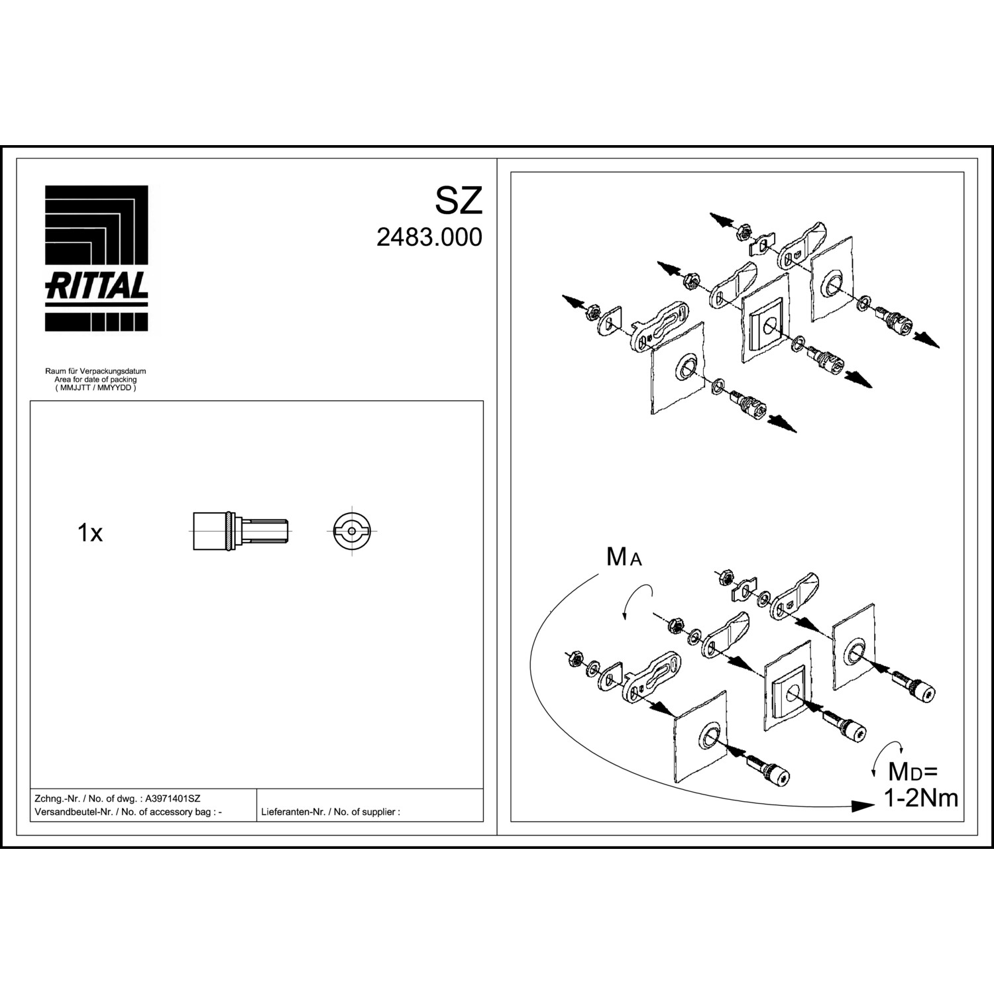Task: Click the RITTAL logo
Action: [96, 258]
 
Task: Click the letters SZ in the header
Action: [459, 201]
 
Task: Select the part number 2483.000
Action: [429, 237]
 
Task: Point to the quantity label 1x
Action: [90, 533]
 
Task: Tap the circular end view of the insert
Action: [352, 531]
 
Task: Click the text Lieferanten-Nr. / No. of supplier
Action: [331, 812]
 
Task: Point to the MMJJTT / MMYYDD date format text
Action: [95, 388]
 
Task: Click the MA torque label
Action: [624, 558]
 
